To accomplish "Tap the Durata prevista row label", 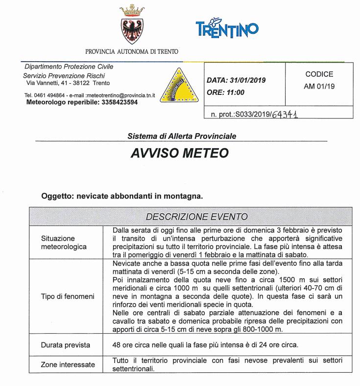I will (65, 345).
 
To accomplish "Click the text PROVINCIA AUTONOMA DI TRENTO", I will (132, 51).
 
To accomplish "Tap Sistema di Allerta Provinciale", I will (180, 136).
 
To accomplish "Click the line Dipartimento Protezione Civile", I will (68, 67).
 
